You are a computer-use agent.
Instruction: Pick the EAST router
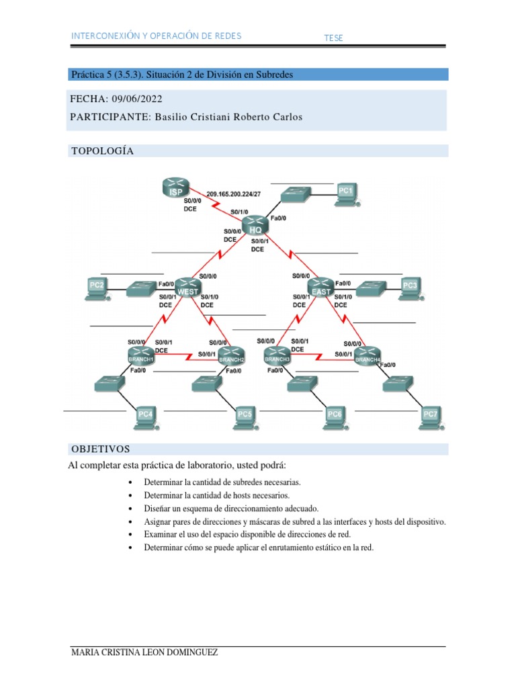tap(321, 286)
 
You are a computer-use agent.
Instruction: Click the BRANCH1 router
tap(142, 355)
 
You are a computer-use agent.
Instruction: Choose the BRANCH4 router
tap(368, 357)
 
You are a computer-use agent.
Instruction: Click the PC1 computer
tap(346, 193)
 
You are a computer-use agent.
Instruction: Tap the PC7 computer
tap(431, 417)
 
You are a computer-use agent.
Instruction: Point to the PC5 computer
tap(245, 417)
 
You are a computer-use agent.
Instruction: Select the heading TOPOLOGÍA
tap(102, 151)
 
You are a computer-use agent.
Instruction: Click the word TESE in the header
tap(333, 38)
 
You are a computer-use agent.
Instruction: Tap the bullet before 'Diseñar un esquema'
tap(128, 509)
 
